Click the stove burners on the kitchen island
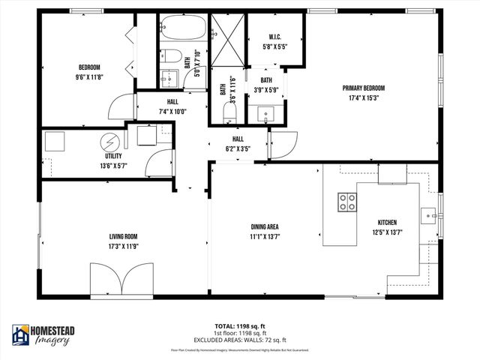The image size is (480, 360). click(x=347, y=201)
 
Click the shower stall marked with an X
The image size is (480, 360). click(x=227, y=36)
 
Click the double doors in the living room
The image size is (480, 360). click(x=121, y=279)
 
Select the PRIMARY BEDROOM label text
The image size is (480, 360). click(x=364, y=88)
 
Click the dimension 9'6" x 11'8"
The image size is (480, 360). click(x=89, y=76)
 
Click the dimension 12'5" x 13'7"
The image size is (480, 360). click(x=387, y=232)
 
